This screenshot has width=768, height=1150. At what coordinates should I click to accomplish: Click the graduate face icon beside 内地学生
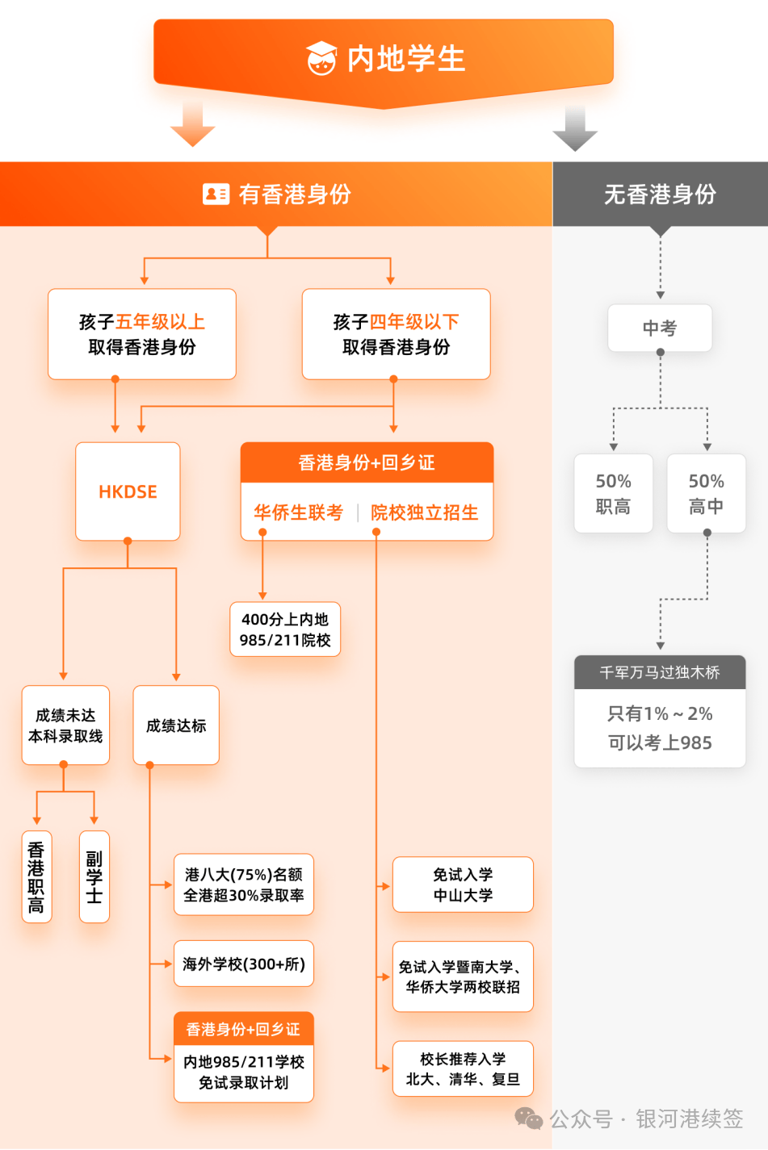321,58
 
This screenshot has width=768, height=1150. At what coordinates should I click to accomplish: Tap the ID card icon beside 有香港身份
216,194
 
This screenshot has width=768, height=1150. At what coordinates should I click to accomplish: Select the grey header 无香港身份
660,194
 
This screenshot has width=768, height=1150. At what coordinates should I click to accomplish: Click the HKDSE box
128,491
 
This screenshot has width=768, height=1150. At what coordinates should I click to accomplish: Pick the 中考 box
660,328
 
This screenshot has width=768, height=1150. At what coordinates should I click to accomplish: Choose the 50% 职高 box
613,493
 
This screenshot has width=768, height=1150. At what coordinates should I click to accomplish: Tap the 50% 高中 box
706,493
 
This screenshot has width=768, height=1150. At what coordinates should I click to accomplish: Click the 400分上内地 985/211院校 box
285,629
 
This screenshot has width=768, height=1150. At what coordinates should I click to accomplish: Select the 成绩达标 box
176,726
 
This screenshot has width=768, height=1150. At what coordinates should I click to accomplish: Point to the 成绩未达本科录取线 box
65,726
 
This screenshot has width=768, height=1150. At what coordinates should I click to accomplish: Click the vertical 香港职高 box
36,876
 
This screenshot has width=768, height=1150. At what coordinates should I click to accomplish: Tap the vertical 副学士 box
94,876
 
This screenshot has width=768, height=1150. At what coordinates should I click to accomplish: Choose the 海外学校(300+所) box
244,964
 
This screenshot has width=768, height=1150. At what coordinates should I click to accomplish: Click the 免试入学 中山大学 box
463,884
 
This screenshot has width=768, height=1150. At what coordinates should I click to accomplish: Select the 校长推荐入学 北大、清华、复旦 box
463,1068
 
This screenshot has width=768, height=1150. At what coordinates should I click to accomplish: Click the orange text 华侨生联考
299,512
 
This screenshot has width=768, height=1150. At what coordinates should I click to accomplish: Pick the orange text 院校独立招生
425,512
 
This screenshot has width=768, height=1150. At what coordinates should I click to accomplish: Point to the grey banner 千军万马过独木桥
660,672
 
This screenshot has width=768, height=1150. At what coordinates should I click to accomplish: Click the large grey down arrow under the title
575,128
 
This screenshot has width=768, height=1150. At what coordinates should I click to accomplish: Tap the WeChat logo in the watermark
529,1119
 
